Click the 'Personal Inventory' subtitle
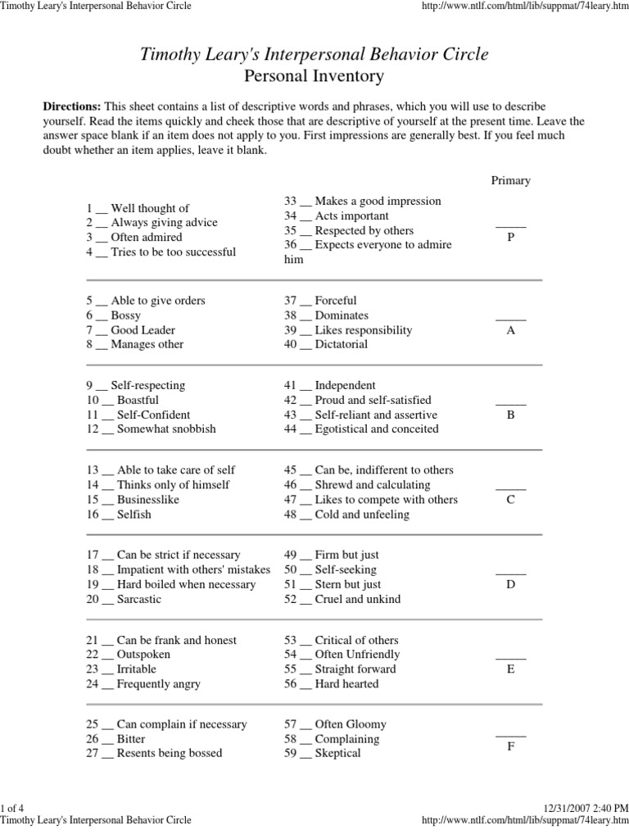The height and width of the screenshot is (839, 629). [314, 76]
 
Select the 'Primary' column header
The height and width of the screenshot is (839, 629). [510, 180]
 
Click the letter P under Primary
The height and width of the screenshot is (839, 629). [510, 236]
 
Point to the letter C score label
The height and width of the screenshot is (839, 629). [510, 500]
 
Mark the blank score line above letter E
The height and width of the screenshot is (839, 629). [510, 657]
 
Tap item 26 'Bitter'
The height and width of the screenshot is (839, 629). [130, 739]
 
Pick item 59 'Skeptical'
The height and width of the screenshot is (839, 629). [337, 754]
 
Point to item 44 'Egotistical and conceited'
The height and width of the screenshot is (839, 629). [376, 429]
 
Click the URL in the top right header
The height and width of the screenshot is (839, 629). [523, 6]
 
